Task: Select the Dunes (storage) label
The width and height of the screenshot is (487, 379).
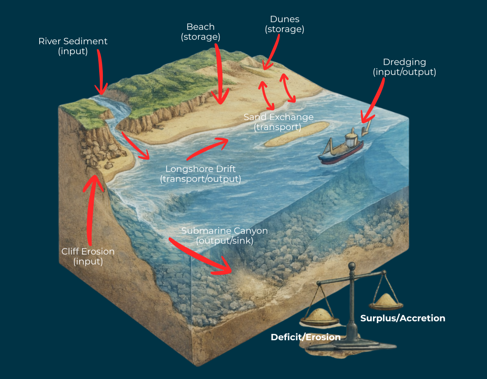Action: [x=285, y=24]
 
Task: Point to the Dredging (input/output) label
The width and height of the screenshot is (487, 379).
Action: [x=404, y=67]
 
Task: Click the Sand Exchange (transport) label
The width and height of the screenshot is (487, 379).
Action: [x=278, y=122]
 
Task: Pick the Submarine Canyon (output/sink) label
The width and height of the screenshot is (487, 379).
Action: [x=224, y=236]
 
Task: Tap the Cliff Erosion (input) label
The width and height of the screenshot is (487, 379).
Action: [x=88, y=256]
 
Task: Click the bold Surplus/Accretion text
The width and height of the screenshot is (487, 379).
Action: [x=403, y=318]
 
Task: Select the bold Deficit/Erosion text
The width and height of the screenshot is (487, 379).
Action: [x=305, y=337]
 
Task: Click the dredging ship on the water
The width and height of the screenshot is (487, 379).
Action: [x=341, y=148]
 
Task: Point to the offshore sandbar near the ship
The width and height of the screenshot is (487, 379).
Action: [x=295, y=134]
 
